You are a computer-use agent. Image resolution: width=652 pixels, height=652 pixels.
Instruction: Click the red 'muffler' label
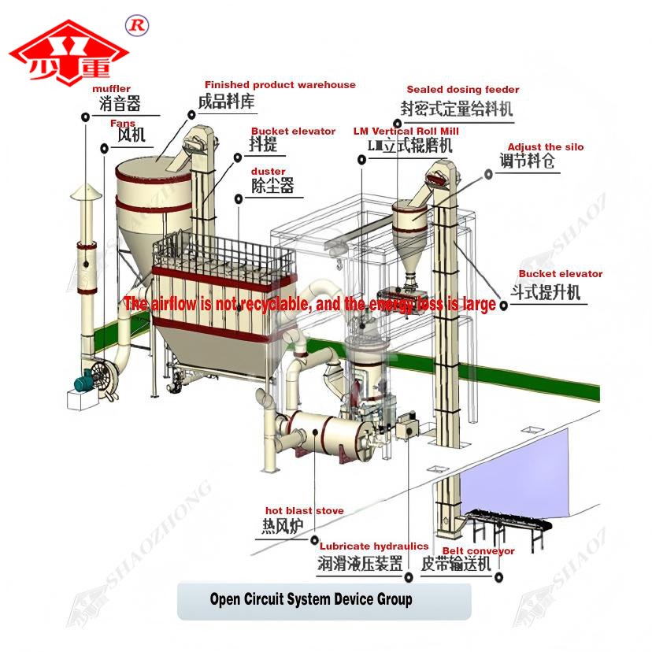[111, 89]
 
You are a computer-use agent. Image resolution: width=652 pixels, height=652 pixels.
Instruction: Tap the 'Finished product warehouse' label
[280, 85]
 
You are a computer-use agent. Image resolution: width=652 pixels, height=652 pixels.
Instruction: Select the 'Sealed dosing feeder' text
[462, 90]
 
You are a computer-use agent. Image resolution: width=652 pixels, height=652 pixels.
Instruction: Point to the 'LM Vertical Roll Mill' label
[406, 131]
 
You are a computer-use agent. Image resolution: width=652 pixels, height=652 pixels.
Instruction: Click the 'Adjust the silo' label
[545, 147]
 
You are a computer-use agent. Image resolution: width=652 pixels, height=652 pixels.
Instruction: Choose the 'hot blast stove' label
[304, 511]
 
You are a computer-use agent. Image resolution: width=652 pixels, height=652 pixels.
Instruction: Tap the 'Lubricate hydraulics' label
[373, 546]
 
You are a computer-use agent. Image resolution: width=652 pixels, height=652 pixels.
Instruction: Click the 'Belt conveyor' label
[478, 551]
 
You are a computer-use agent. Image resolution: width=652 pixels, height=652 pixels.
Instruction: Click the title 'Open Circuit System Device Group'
[310, 599]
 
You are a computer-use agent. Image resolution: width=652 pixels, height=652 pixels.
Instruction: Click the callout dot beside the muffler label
[84, 117]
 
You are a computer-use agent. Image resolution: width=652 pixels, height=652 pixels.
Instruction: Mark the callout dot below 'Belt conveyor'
[499, 577]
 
